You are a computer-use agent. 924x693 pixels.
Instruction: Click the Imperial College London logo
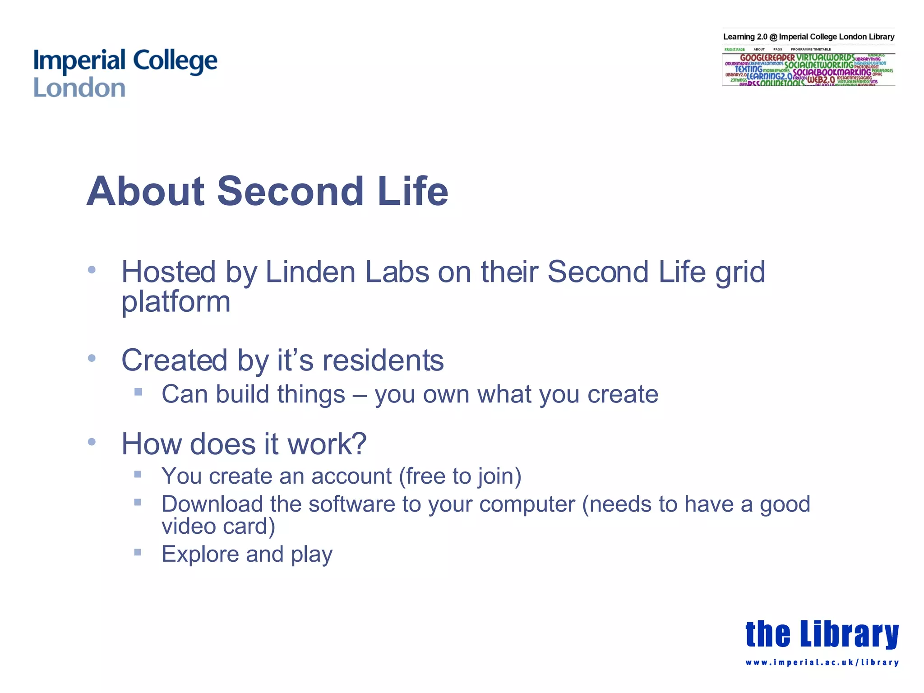[125, 74]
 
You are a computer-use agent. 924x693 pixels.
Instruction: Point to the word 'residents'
[383, 360]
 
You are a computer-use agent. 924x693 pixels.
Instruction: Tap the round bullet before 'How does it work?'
[92, 442]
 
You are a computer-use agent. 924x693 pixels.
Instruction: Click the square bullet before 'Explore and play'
[138, 552]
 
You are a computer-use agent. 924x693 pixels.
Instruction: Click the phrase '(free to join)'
[460, 476]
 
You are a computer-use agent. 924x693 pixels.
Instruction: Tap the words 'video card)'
[218, 527]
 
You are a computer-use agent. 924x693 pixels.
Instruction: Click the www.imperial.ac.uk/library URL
[822, 663]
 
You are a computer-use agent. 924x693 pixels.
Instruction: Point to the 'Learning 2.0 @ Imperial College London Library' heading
[808, 37]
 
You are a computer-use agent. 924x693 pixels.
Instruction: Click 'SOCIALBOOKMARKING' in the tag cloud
[832, 72]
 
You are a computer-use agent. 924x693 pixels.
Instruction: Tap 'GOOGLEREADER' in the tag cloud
[767, 58]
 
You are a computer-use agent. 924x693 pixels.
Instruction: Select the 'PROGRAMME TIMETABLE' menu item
[810, 49]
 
